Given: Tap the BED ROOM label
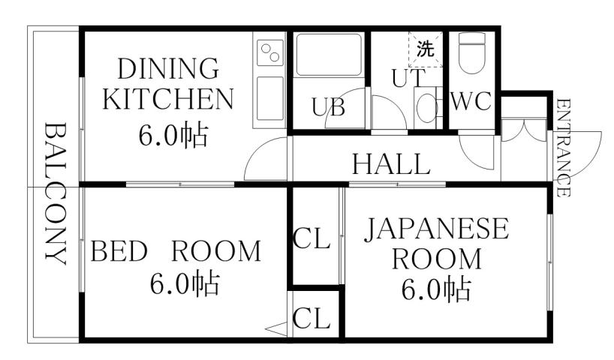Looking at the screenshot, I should click(x=176, y=250).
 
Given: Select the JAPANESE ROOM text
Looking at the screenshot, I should click(x=436, y=243).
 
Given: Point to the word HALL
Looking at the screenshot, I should click(x=391, y=163).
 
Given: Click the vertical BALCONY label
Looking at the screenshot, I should click(x=53, y=192).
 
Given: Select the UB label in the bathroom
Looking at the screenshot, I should click(x=328, y=108).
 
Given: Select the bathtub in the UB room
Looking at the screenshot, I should click(x=329, y=56).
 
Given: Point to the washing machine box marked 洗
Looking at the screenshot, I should click(x=425, y=50).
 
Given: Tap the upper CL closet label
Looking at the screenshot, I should click(x=312, y=239).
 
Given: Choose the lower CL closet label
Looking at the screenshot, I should click(x=312, y=319).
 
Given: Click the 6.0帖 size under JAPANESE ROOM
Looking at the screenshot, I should click(x=436, y=289).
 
